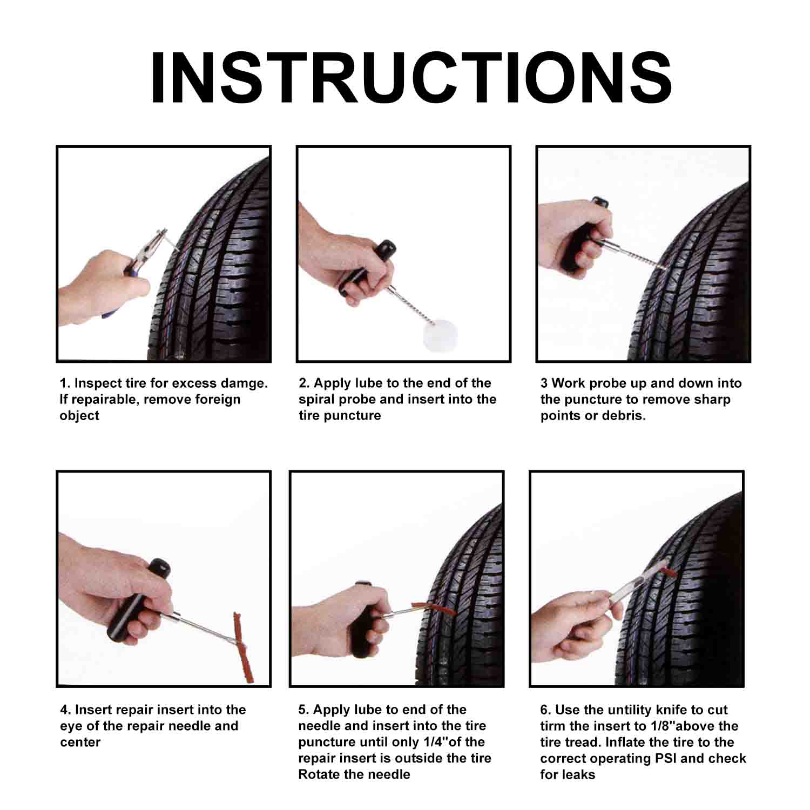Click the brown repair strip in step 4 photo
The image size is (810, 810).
pos(242,647)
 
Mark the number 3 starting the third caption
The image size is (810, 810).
pos(544,383)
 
